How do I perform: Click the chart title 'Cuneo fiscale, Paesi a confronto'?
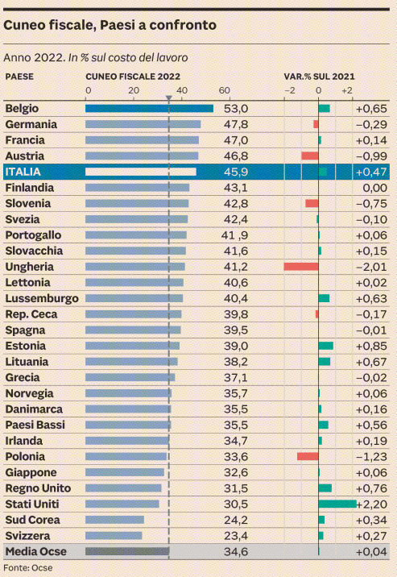coord(110,26)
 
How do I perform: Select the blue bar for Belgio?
coord(149,109)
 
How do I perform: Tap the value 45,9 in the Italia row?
coord(236,172)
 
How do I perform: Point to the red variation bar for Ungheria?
coord(300,267)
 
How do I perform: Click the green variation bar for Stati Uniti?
coord(337,504)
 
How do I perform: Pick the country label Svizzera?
coord(28,536)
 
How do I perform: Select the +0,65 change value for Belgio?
coord(371,109)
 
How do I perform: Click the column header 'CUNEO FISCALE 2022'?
coord(133,77)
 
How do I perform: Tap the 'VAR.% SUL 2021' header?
coord(319,77)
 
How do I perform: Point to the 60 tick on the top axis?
coord(224,90)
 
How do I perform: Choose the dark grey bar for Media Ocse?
coord(127,552)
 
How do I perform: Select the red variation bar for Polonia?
coord(308,456)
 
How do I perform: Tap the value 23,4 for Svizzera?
coord(236,536)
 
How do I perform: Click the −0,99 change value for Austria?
coord(371,156)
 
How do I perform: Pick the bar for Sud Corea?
coord(114,520)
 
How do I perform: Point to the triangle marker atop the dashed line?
coord(168,99)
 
